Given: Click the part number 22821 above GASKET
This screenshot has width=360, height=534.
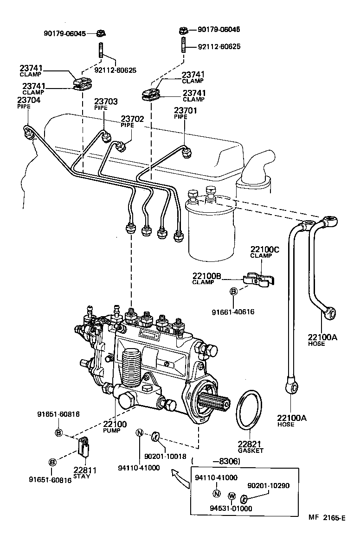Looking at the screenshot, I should pos(251,444).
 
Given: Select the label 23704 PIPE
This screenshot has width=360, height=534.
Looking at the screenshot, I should pos(29,102).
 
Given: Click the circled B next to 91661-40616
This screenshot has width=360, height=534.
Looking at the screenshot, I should pos(234,291).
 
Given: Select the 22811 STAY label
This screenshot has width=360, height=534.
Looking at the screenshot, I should pos(85,474).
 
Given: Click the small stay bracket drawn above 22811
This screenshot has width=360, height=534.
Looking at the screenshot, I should pos(83,446).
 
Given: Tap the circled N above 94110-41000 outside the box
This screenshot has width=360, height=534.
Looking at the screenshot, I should pos(140,433).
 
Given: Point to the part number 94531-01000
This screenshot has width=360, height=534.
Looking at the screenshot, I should pos(229,508).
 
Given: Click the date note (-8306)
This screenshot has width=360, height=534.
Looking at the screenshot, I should pos(216,462).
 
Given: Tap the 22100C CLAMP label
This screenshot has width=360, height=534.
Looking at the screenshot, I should pos(265,251).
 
